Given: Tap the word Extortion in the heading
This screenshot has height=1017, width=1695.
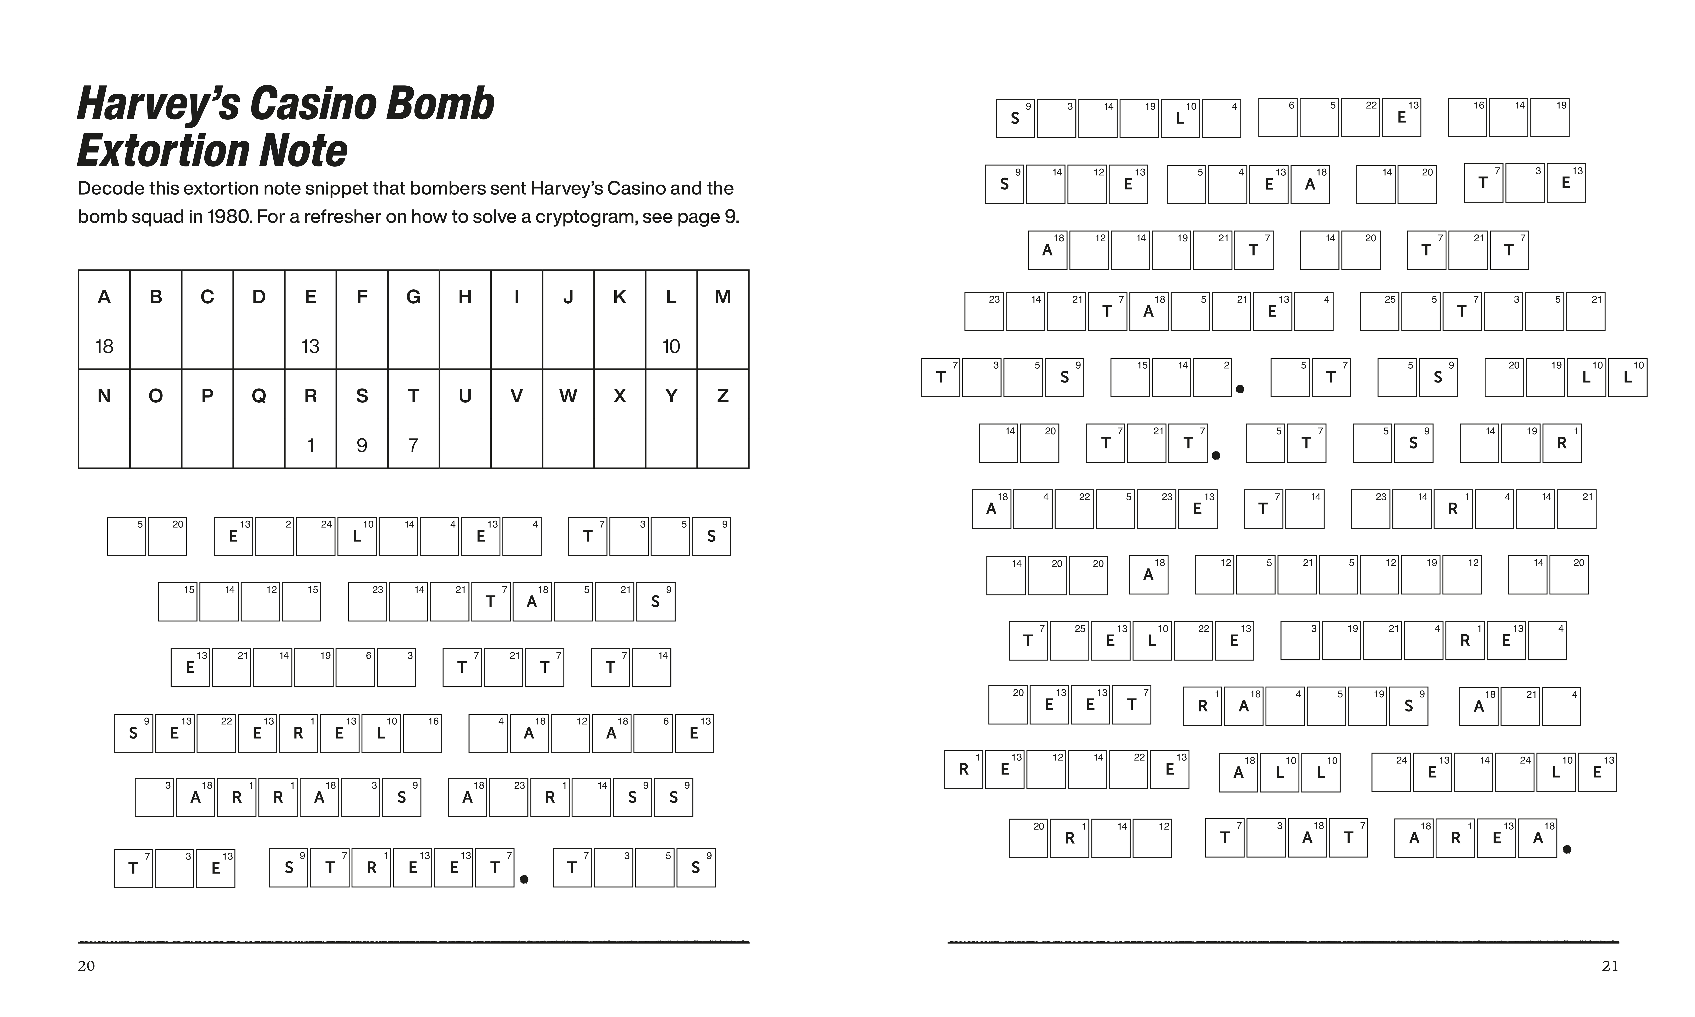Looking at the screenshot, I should [159, 151].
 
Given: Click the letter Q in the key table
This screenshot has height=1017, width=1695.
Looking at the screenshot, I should [259, 396].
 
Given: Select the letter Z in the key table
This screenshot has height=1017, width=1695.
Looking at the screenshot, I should [723, 396].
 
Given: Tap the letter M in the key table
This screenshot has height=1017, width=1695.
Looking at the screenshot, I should [723, 297].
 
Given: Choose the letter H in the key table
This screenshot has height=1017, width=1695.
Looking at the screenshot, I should [465, 297].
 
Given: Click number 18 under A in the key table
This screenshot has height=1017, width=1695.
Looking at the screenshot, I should [104, 347].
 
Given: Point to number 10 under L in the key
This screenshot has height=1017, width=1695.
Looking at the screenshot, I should [671, 347].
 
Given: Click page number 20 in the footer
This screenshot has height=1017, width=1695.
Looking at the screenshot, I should [86, 966].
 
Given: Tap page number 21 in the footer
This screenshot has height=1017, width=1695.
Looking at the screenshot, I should [1610, 966].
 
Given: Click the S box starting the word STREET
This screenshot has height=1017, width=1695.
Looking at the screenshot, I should [288, 868].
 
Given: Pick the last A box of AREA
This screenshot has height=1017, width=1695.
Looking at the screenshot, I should [1538, 838].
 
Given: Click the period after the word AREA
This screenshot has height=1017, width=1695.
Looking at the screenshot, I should [1567, 850].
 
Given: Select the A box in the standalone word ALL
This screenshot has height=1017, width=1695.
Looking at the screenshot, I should [1238, 773].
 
